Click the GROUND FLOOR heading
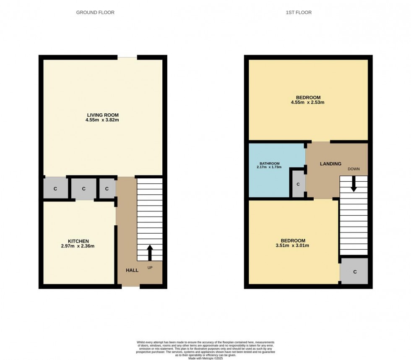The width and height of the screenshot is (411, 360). (95, 13)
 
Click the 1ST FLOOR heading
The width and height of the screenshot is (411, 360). (299, 13)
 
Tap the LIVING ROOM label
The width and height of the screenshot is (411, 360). (103, 115)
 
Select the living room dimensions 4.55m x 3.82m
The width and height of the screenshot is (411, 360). (103, 120)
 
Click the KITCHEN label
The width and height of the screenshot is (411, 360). (78, 241)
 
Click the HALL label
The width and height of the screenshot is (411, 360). (132, 270)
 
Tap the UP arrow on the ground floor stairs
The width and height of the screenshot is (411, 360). (150, 253)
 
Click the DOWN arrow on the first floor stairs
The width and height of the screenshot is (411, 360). (354, 184)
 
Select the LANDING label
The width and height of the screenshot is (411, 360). (331, 164)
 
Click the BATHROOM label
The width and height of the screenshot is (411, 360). (269, 163)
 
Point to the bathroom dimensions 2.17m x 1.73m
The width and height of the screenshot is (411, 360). (269, 167)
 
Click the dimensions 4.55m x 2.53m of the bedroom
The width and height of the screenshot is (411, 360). (308, 102)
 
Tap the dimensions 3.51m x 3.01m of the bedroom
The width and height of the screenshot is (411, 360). (293, 246)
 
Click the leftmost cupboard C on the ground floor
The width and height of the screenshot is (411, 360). (55, 189)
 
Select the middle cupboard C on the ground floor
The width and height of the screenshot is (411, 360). (83, 189)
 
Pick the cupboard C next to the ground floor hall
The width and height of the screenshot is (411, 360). (107, 189)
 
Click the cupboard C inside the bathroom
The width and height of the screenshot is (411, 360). (298, 184)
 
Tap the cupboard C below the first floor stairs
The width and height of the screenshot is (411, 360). (354, 272)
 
